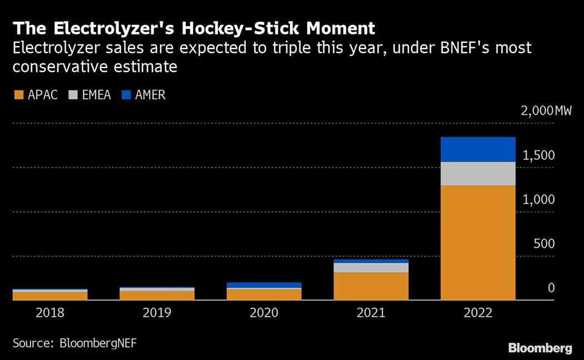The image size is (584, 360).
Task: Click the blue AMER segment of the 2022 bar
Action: [478, 149]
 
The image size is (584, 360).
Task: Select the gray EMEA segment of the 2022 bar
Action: [478, 174]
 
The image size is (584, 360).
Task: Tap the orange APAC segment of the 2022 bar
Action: [478, 242]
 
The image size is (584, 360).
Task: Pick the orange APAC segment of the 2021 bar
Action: [371, 286]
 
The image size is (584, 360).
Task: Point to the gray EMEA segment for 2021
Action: [371, 268]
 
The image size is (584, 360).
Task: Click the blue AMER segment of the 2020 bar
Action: [264, 285]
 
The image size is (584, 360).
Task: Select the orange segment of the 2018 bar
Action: [50, 295]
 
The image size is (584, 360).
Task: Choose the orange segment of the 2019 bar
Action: [157, 295]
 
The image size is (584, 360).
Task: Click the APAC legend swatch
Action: [18, 95]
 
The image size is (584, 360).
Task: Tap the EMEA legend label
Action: [96, 95]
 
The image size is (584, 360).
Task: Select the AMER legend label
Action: [150, 95]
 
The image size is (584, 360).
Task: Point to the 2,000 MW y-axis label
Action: [546, 111]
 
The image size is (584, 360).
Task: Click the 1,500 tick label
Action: [538, 155]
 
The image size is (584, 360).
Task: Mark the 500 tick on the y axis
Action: [544, 244]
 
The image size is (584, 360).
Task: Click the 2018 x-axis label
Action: [50, 313]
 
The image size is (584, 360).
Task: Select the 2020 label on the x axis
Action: [264, 313]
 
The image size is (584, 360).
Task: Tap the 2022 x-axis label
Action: [478, 313]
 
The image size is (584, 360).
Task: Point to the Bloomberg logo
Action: [540, 348]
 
